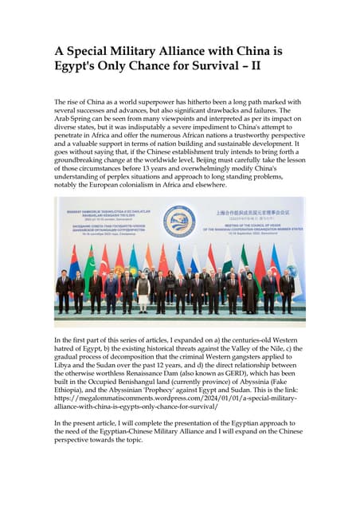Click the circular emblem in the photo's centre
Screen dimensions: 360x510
tap(179, 221)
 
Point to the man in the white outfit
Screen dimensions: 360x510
tap(143, 291)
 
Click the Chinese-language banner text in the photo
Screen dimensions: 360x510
tap(252, 213)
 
